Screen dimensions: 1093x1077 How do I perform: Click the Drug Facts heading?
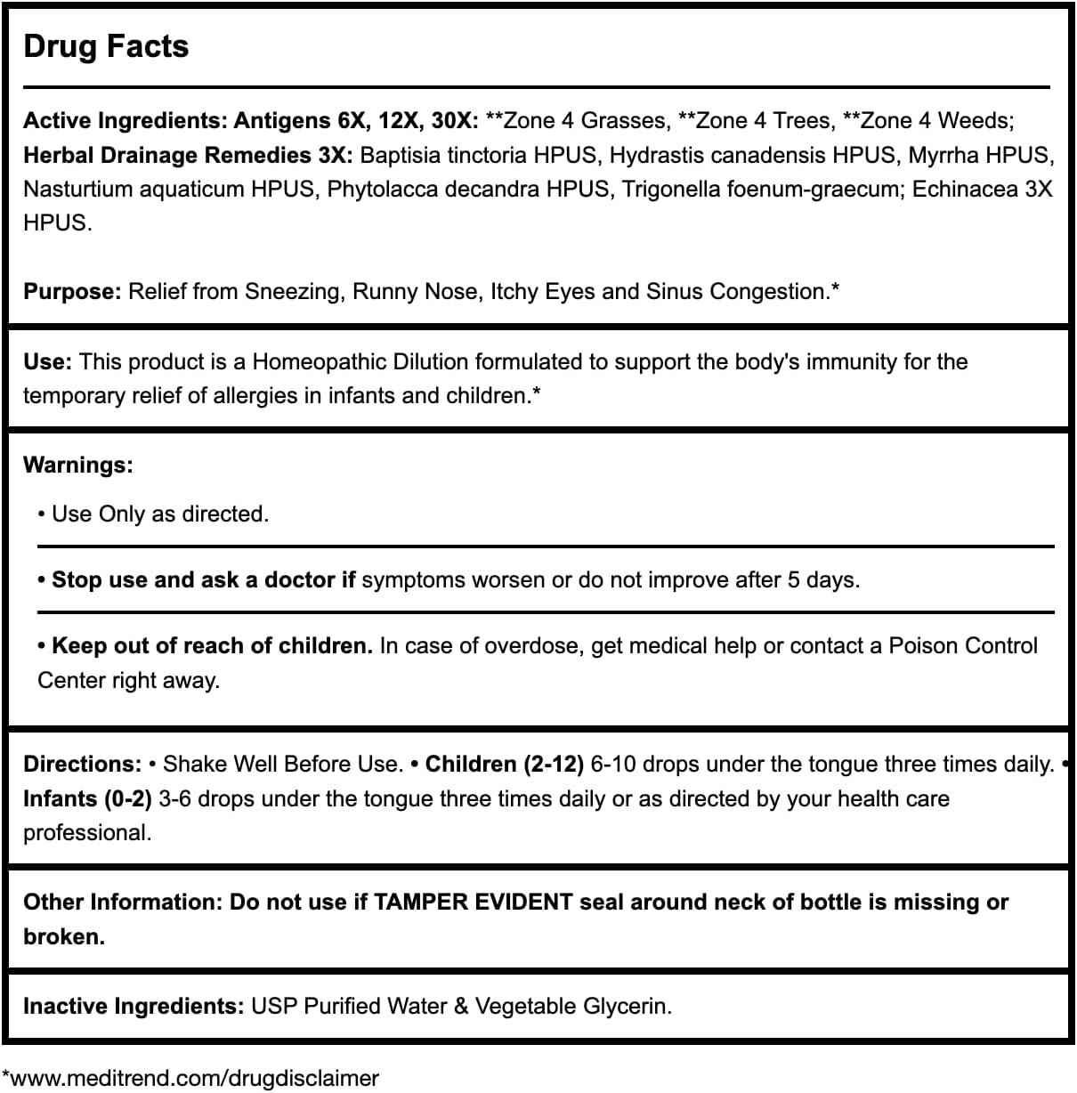click(x=106, y=46)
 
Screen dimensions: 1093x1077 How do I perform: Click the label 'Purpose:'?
click(x=72, y=291)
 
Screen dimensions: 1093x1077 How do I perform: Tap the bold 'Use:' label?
click(x=47, y=361)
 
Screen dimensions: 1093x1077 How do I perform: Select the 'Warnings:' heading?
click(x=78, y=465)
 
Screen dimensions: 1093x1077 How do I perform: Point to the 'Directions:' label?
click(x=82, y=764)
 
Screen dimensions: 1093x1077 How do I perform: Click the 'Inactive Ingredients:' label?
click(x=134, y=1006)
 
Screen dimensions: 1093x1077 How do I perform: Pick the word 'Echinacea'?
click(x=964, y=189)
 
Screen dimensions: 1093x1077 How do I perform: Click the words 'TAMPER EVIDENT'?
click(x=473, y=902)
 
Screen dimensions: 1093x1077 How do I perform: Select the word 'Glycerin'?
click(x=628, y=1006)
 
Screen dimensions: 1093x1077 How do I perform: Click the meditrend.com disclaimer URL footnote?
click(x=190, y=1078)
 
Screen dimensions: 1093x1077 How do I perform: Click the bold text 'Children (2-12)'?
click(x=504, y=764)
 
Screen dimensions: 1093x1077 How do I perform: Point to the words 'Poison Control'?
click(x=963, y=645)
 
